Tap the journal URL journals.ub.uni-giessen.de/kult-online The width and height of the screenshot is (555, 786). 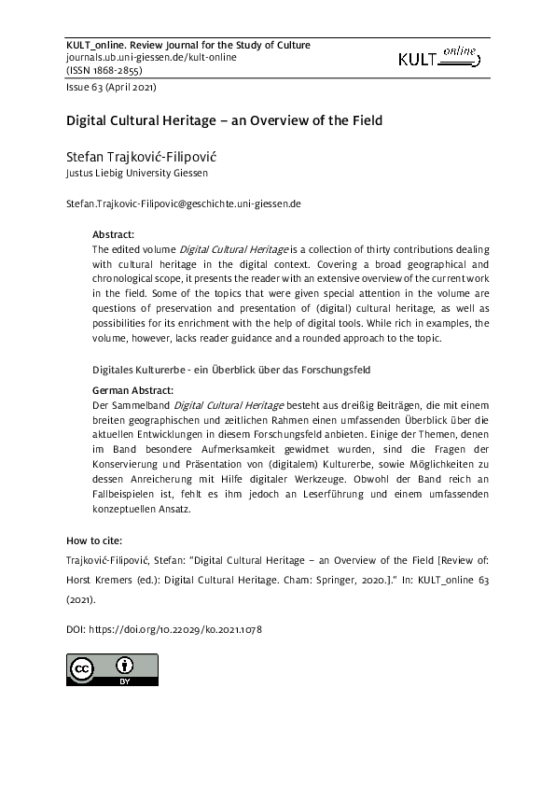click(151, 57)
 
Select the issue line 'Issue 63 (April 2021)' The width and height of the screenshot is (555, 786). click(110, 89)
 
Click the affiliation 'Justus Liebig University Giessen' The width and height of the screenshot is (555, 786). click(136, 173)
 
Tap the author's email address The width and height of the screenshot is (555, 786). click(183, 203)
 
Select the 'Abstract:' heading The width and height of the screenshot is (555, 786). click(114, 234)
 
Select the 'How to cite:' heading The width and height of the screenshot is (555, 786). click(94, 540)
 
